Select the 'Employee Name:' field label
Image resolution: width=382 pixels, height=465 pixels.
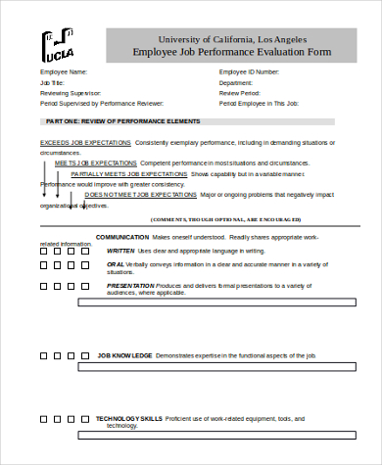point(64,72)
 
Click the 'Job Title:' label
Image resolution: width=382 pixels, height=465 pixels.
point(53,83)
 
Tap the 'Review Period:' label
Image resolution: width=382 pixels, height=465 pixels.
point(241,93)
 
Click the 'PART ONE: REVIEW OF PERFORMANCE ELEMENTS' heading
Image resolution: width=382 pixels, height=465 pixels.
point(123,121)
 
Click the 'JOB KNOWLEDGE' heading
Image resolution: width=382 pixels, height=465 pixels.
point(124,355)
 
